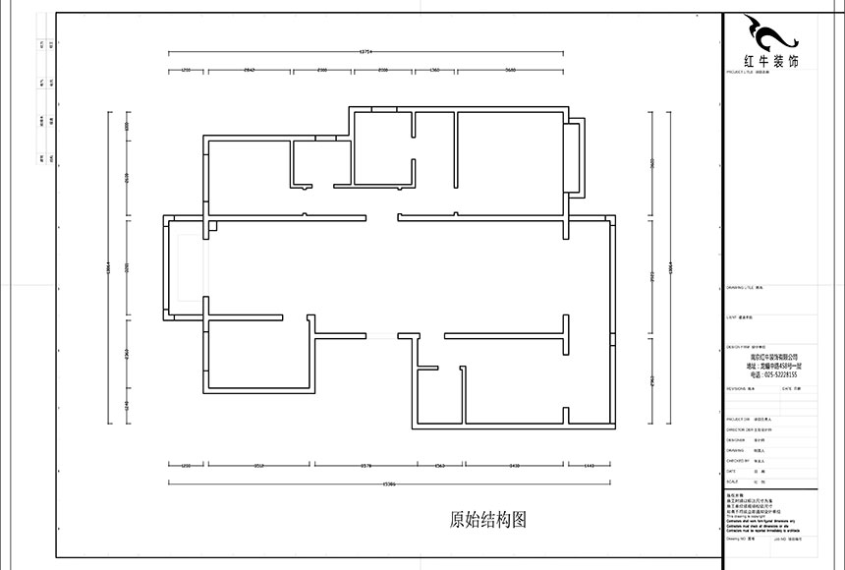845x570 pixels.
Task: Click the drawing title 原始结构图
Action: (x=488, y=519)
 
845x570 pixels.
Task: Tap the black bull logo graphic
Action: (x=771, y=35)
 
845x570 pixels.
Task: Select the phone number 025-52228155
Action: (x=773, y=374)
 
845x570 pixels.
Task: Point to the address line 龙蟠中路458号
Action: (x=773, y=366)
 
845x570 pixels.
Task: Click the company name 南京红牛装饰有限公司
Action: (x=773, y=358)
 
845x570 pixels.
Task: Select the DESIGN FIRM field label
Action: (x=739, y=347)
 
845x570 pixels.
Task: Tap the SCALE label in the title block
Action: (x=731, y=482)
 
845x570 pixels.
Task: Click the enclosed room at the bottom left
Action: (x=258, y=354)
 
